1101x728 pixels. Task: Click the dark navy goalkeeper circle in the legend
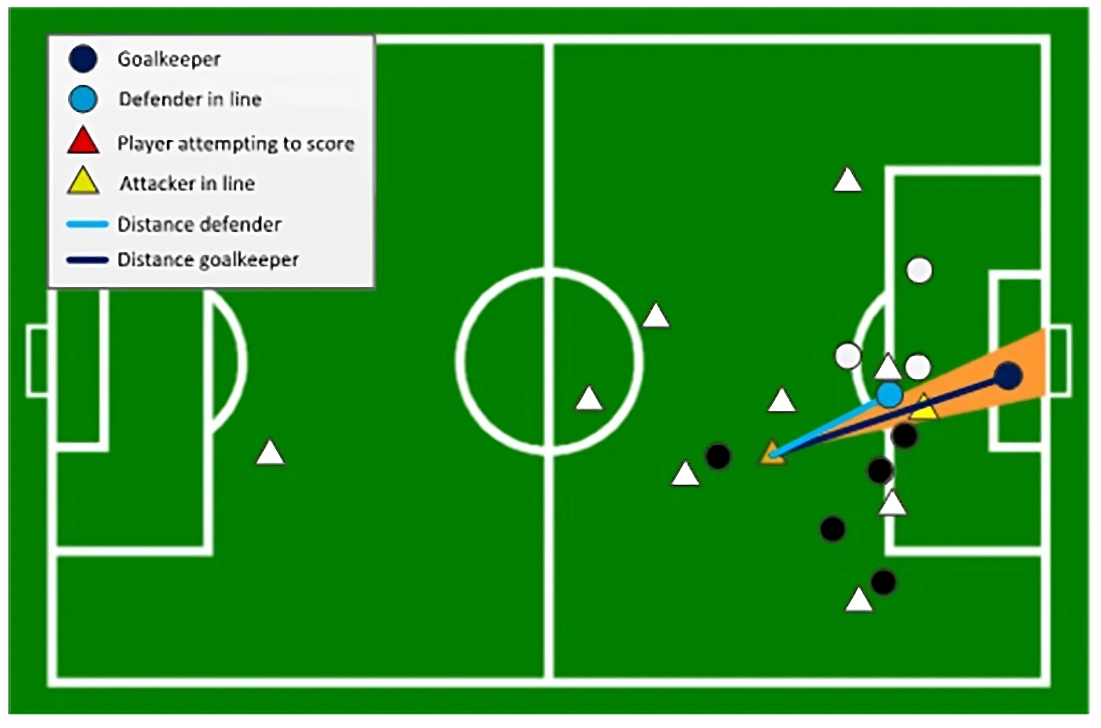[83, 58]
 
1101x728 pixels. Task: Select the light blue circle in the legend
[83, 99]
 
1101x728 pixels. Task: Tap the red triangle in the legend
[83, 141]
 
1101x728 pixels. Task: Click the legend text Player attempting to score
[236, 144]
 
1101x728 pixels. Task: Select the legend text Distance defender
[200, 225]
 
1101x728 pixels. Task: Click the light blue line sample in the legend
[87, 225]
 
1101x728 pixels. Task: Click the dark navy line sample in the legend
[87, 260]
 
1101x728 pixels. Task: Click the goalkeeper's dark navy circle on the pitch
[1008, 376]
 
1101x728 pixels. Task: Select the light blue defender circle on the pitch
[889, 395]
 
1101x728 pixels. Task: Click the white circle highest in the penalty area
[920, 270]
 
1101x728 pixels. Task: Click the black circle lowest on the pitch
[883, 582]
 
